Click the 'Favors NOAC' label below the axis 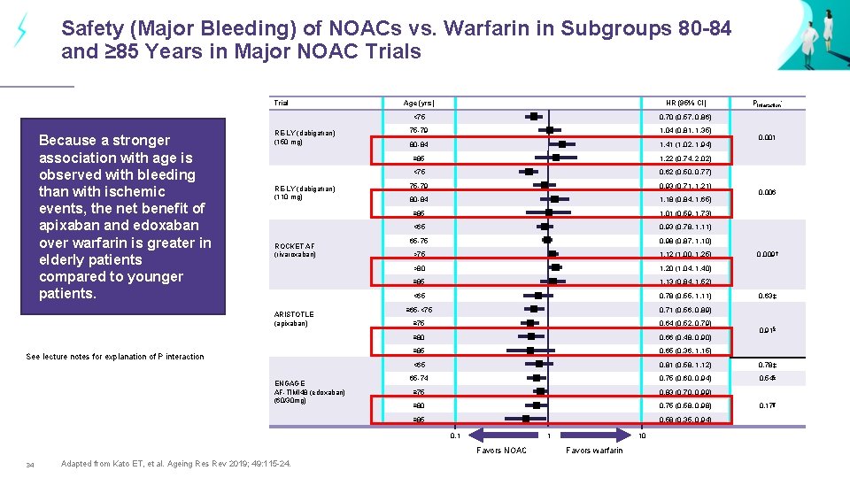(x=501, y=451)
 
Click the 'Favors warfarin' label (x=593, y=451)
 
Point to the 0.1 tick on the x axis (x=455, y=435)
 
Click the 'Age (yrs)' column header (x=419, y=103)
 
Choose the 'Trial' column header (x=281, y=103)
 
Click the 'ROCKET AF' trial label (x=296, y=246)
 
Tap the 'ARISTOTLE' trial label (x=294, y=314)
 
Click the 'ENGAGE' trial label (x=290, y=383)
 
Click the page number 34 (x=30, y=465)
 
